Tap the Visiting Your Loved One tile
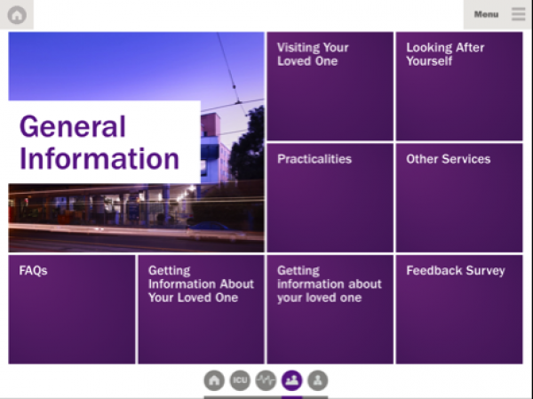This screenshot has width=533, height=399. coord(330,86)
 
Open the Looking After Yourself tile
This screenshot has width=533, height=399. coord(459,86)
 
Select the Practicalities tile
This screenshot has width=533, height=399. coord(330,198)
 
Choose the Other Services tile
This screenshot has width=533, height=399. coord(459,198)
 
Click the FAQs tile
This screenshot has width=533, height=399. coord(72,309)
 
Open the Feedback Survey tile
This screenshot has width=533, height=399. coord(459,309)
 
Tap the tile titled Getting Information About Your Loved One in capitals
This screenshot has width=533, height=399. coord(202,309)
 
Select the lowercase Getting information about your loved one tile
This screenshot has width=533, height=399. coord(330,309)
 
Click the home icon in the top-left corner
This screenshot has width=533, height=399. coord(17,14)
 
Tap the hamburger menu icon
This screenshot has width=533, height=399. coord(519,14)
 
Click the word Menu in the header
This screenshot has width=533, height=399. coord(487,14)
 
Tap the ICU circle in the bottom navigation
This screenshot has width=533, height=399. coord(240,380)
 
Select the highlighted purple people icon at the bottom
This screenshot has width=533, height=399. coord(291,380)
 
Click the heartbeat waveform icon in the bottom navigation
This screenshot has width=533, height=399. coord(266,380)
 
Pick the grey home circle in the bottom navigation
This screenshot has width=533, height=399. coord(214,380)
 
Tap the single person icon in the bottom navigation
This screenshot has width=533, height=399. coord(317,380)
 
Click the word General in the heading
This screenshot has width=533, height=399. coord(73,126)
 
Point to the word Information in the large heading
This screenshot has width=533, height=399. coord(99,159)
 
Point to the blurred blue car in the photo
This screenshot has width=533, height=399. coord(208,227)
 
